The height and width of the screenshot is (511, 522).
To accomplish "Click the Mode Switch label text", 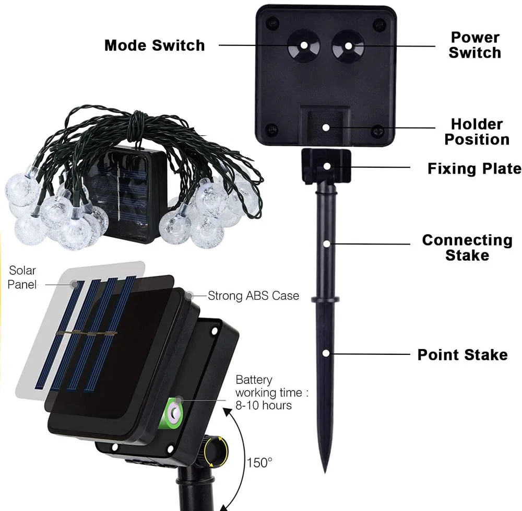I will coord(155,45).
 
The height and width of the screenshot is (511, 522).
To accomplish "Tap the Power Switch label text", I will coord(474,45).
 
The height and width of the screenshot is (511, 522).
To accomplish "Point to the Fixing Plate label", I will coord(474,168).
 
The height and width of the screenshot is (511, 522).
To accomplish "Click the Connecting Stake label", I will coord(467,247).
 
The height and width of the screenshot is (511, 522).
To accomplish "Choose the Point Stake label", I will coord(462,355).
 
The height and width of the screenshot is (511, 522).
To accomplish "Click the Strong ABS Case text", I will coord(253,296).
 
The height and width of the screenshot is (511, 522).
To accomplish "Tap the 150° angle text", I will coord(259,462).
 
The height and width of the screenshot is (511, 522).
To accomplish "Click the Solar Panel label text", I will coord(22,277).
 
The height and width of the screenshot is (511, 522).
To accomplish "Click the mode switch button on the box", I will coord(304,45).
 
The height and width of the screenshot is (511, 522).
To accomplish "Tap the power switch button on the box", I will coord(348,45).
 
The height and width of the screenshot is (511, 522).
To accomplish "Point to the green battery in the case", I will coord(174,411).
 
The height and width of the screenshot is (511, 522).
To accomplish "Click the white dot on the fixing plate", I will coord(326,166).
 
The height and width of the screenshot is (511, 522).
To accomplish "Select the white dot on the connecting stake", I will coord(326,243).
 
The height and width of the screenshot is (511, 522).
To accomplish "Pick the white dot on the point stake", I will coord(326,353).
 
